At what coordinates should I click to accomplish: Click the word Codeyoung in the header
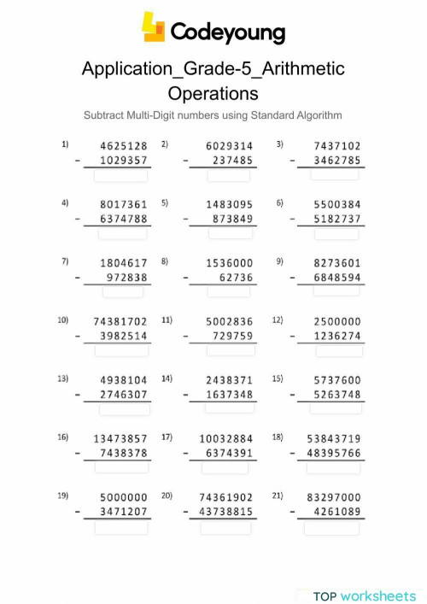[x=227, y=32]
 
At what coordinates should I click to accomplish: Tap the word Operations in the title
[x=213, y=92]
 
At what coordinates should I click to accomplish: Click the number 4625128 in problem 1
[x=124, y=146]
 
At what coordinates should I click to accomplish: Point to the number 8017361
[x=124, y=204]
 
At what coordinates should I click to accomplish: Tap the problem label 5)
[x=165, y=203]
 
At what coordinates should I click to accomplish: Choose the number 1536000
[x=230, y=263]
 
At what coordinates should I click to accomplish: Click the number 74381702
[x=120, y=321]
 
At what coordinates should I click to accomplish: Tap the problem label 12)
[x=278, y=320]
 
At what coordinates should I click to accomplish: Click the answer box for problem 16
[x=121, y=466]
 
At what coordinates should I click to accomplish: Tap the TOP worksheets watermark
[x=365, y=595]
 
